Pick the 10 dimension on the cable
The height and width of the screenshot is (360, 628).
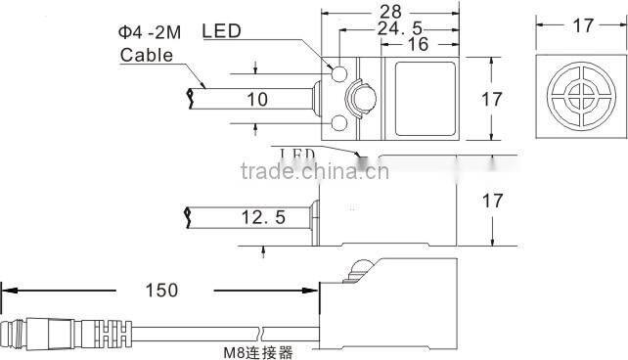[257, 99]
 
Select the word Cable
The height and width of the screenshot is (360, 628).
[146, 55]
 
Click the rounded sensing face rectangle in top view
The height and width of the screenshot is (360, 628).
[425, 98]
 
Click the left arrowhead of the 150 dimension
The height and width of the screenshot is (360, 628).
[8, 290]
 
